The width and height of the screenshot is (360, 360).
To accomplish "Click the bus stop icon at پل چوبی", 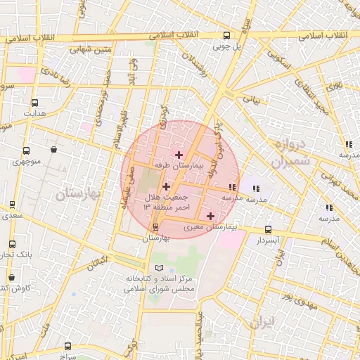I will pos(226,35).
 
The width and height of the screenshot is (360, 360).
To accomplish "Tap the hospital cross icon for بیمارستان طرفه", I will pos(179,154).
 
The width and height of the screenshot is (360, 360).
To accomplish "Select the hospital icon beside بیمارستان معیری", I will pos(210,215).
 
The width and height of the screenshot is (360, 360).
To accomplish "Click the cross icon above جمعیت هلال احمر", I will pos(166,186).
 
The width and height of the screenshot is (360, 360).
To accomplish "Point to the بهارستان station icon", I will pos(156,226).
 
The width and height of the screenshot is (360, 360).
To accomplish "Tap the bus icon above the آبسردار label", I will pos(268,229).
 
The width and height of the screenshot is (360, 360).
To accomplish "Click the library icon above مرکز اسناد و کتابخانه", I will pos(158,268).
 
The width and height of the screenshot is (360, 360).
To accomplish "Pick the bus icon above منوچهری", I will pos(26,150).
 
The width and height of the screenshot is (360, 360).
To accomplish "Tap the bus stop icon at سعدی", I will pos(12,205).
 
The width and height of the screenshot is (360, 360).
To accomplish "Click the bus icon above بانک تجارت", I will pos(12,244).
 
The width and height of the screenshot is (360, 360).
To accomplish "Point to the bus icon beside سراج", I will pos(67,346).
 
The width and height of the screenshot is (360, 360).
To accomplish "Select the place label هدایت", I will pos(34,112).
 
